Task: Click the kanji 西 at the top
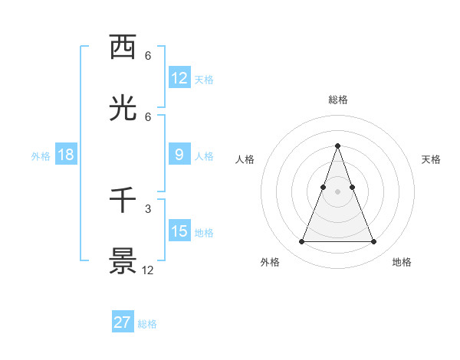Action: pos(123,48)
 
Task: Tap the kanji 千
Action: pos(123,201)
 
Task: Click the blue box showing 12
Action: pos(179,78)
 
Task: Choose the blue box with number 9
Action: pos(179,155)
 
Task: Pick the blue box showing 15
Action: pos(179,231)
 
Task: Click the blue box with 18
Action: pos(66,155)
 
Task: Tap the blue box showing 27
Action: pos(123,322)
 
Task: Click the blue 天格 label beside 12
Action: pos(204,79)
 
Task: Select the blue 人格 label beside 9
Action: pos(204,155)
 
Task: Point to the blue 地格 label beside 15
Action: pos(204,232)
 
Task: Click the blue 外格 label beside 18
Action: pos(41,155)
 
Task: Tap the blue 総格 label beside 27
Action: pos(147,323)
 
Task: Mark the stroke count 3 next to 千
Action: pos(147,208)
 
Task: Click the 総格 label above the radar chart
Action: pos(337,100)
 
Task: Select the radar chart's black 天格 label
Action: pos(432,159)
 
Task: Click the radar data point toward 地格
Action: pos(374,242)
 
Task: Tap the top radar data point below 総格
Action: pos(337,146)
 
